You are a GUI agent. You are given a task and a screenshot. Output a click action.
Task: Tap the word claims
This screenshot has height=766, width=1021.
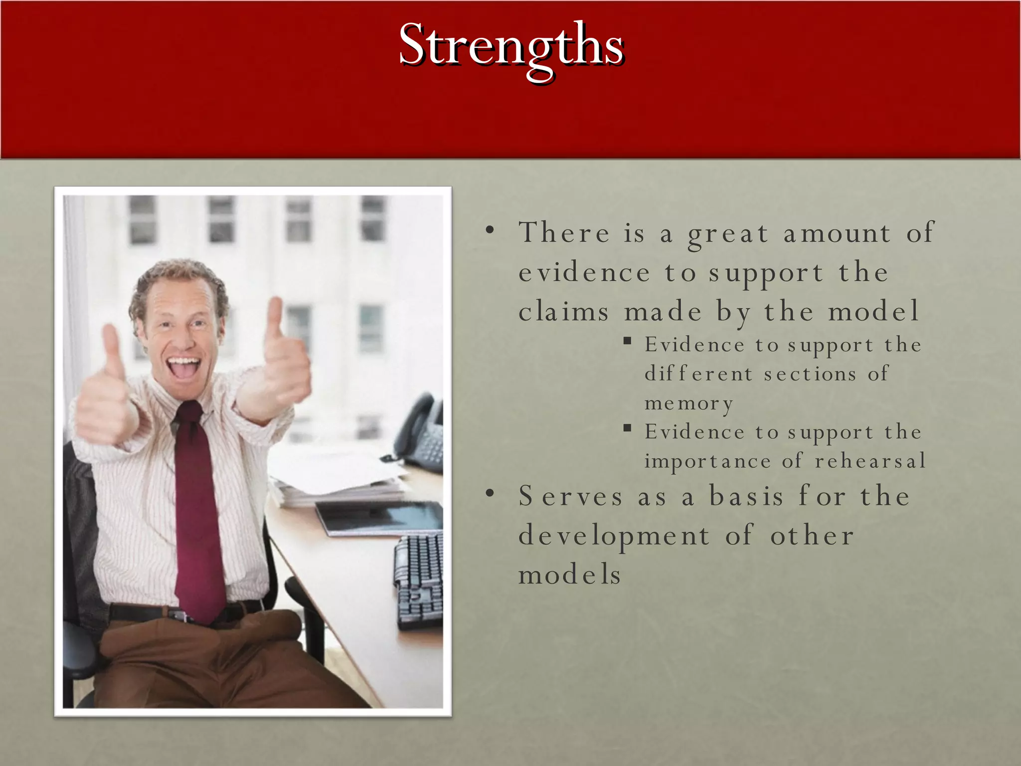point(563,312)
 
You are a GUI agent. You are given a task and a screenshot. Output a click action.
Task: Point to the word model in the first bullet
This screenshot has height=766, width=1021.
point(873,312)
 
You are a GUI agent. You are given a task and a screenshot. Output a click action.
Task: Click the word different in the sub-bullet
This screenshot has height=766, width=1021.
point(698,374)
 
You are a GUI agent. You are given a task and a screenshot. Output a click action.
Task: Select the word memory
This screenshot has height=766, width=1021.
point(688,403)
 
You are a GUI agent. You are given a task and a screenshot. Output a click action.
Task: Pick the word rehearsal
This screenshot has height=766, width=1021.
point(870,461)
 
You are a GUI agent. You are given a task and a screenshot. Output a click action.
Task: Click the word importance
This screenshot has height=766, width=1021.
point(707,461)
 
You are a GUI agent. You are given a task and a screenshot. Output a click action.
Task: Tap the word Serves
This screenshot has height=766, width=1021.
point(570,496)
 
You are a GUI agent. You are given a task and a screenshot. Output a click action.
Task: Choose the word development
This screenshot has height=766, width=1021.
point(613,536)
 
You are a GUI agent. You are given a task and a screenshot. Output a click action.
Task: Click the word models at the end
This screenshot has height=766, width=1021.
point(569,574)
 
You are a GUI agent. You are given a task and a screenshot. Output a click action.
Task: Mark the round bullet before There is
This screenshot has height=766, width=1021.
point(490,230)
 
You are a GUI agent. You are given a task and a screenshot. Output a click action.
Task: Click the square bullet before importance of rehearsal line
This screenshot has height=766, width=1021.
point(627,428)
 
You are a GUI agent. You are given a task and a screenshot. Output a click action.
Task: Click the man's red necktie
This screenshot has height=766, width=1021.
point(197,514)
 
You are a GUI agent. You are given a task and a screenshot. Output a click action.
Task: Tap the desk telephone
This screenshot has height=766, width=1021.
point(421,434)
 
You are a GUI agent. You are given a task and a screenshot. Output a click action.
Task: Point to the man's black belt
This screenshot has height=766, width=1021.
point(140,612)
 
